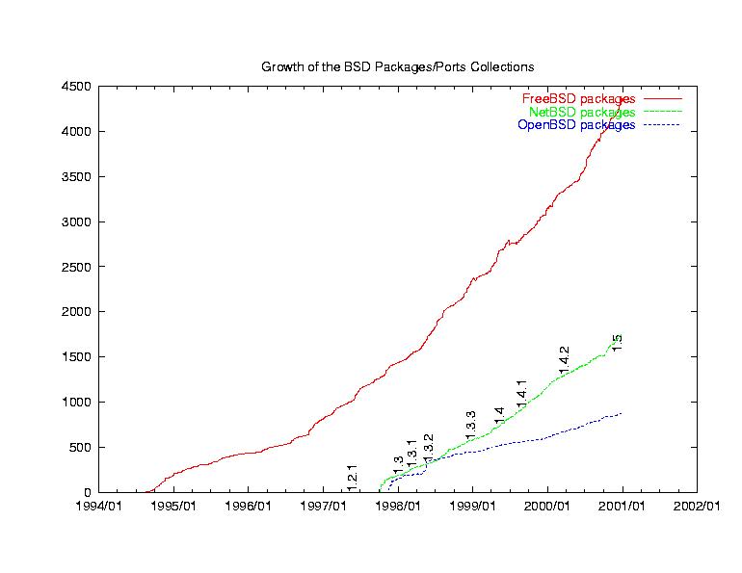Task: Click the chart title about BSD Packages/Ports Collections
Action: pyautogui.click(x=397, y=66)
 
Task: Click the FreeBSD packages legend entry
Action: pyautogui.click(x=578, y=99)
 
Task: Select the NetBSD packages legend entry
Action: pyautogui.click(x=581, y=113)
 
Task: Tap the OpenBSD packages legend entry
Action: pyautogui.click(x=576, y=125)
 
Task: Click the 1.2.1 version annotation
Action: pyautogui.click(x=353, y=477)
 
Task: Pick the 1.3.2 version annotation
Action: pyautogui.click(x=428, y=447)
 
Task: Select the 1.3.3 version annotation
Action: pyautogui.click(x=470, y=424)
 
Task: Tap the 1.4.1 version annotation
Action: pyautogui.click(x=521, y=393)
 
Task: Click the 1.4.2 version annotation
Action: pyautogui.click(x=565, y=359)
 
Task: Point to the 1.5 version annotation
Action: pyautogui.click(x=617, y=342)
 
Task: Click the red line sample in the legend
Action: pyautogui.click(x=663, y=99)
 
